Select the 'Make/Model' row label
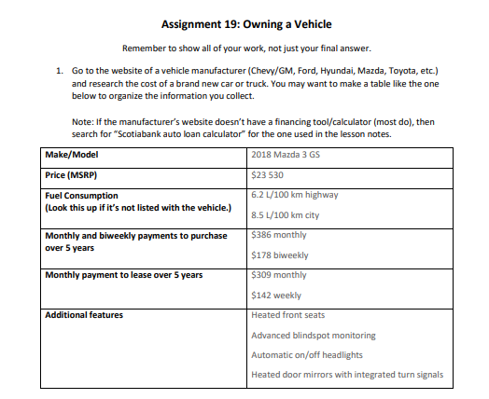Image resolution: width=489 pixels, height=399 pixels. [x=72, y=154]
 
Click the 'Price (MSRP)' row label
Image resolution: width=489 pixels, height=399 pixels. [x=72, y=174]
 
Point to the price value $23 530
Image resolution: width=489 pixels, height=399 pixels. [x=268, y=174]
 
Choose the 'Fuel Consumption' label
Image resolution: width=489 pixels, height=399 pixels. [x=81, y=196]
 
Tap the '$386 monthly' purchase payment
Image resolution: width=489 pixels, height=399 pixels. [x=279, y=236]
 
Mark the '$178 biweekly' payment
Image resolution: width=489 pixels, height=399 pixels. [x=280, y=255]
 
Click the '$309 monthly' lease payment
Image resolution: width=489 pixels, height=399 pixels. [x=279, y=275]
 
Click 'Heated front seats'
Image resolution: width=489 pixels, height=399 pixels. [x=288, y=315]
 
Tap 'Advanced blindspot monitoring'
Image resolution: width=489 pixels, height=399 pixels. [x=314, y=336]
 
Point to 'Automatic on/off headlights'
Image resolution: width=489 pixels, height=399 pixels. [x=308, y=355]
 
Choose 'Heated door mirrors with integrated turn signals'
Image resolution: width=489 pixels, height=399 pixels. [x=346, y=375]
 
